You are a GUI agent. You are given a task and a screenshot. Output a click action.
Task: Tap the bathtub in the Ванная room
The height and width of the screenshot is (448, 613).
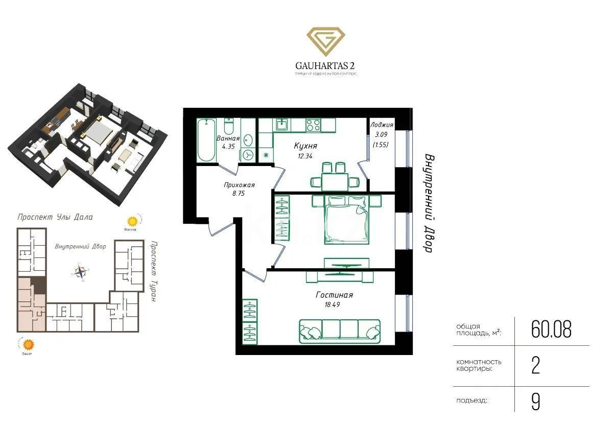(207, 139)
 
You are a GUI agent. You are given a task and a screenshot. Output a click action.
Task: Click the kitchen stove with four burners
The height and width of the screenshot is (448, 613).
(313, 124)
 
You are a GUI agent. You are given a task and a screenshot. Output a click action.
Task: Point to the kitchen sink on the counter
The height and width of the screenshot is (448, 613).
(282, 124)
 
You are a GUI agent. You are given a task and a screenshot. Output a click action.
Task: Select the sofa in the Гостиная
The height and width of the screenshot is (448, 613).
(340, 330)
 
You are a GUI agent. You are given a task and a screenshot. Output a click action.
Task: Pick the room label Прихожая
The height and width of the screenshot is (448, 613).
(239, 185)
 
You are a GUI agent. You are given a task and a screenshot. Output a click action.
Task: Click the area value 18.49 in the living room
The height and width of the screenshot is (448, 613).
(328, 304)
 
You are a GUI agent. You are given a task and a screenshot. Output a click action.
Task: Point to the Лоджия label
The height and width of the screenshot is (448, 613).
(382, 125)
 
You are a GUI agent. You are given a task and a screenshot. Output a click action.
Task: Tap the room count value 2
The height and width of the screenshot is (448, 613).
(535, 366)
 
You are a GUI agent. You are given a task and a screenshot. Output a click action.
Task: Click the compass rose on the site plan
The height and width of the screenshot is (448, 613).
(80, 272)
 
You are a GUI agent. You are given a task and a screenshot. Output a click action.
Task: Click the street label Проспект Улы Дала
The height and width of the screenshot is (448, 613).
(55, 217)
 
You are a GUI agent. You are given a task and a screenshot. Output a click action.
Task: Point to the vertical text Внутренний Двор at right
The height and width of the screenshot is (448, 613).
(429, 203)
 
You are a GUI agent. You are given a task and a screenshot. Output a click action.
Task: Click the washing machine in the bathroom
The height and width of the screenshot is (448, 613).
(248, 155)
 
